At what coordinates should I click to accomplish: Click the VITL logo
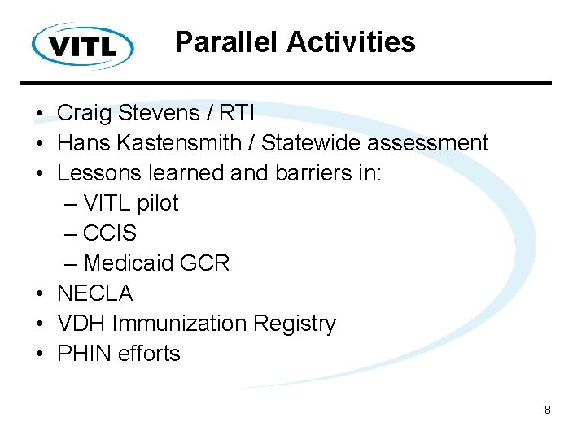(x=83, y=46)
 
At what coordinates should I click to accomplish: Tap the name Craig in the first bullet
(x=83, y=113)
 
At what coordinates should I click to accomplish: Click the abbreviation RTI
(x=243, y=113)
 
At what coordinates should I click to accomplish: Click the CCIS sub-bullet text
(x=110, y=233)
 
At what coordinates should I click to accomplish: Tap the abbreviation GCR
(x=208, y=263)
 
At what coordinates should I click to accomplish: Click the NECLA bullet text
(x=94, y=293)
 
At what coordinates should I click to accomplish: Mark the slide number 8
(x=548, y=411)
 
